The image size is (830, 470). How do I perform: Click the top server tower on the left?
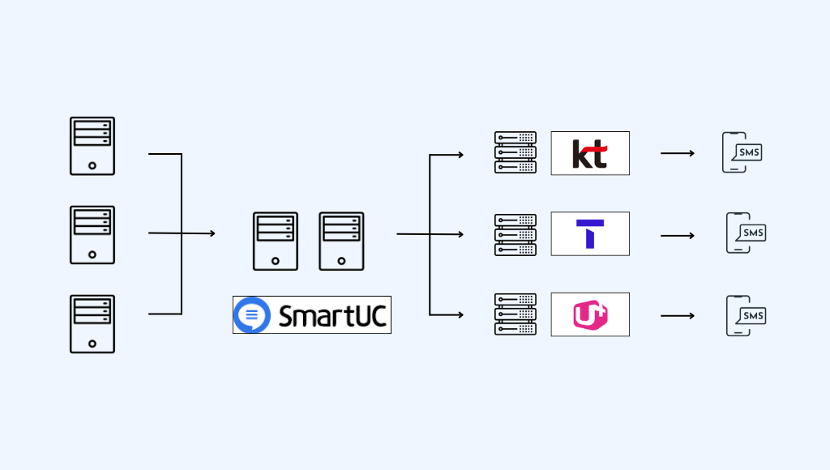click(x=92, y=146)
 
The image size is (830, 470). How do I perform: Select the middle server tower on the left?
click(x=92, y=235)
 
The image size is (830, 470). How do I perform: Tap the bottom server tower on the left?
click(x=92, y=324)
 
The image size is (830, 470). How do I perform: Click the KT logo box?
click(x=590, y=153)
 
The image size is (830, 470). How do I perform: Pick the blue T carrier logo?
click(x=590, y=234)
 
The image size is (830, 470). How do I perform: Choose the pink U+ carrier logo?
click(x=590, y=314)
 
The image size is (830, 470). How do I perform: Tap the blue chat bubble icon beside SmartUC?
click(x=252, y=315)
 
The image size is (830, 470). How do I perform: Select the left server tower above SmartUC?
click(x=275, y=241)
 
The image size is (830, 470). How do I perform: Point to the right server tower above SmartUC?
click(x=341, y=241)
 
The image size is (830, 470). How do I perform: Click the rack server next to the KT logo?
click(x=516, y=153)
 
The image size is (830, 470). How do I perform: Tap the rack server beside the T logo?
click(x=516, y=235)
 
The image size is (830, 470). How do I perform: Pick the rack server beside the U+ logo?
click(x=516, y=314)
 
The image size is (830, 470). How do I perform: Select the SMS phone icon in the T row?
click(x=745, y=233)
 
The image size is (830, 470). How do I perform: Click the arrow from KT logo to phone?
click(x=677, y=153)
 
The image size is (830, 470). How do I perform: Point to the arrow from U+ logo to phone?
click(x=677, y=315)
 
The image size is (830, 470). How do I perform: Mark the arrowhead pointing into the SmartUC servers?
click(x=212, y=233)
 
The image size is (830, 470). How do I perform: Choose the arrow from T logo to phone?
click(x=677, y=236)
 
